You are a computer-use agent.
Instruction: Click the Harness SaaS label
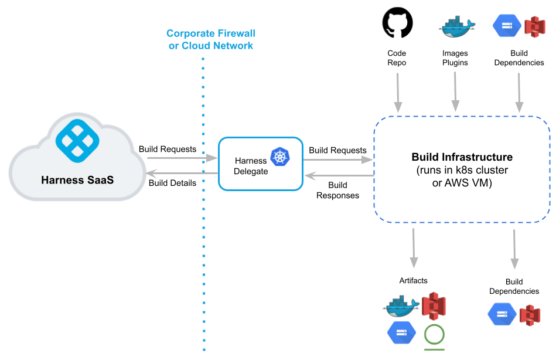77,179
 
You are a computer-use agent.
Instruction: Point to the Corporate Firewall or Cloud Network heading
211,40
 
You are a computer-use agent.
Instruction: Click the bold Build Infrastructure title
462,157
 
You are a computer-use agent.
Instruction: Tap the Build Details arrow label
172,183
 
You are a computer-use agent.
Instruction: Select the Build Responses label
337,191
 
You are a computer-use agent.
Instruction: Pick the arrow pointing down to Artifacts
414,247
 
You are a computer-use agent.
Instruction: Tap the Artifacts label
413,281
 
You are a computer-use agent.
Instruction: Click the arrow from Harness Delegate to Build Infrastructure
338,159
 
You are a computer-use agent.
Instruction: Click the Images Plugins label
455,58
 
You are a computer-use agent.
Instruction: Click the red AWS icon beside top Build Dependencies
534,26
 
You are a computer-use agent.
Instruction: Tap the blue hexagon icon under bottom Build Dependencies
502,314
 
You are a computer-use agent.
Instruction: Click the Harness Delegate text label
251,166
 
